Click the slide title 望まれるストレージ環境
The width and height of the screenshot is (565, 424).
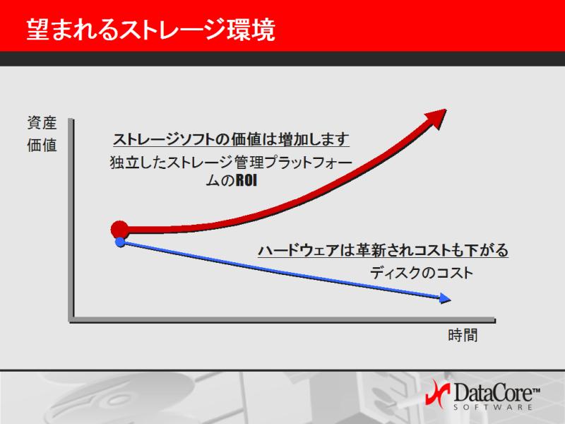151,30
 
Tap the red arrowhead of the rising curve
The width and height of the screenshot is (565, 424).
436,118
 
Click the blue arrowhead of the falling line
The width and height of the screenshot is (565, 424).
446,298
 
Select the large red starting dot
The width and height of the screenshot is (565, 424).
119,229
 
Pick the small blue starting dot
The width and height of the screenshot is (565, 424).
120,242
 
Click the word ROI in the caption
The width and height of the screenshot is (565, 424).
246,180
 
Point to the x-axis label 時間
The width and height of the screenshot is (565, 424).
463,335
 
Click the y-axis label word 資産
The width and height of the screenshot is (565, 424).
42,123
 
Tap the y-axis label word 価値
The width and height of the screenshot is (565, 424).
42,146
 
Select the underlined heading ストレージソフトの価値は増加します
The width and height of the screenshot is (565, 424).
232,139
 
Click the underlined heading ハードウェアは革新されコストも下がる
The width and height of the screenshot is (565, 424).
383,250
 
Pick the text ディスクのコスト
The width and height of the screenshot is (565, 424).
422,273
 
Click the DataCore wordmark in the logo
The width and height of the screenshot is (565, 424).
493,392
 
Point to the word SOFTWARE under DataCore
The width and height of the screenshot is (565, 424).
493,407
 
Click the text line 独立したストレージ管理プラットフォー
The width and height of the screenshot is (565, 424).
231,163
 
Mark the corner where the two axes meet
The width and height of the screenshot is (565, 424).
72,320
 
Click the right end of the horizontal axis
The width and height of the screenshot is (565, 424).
495,320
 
